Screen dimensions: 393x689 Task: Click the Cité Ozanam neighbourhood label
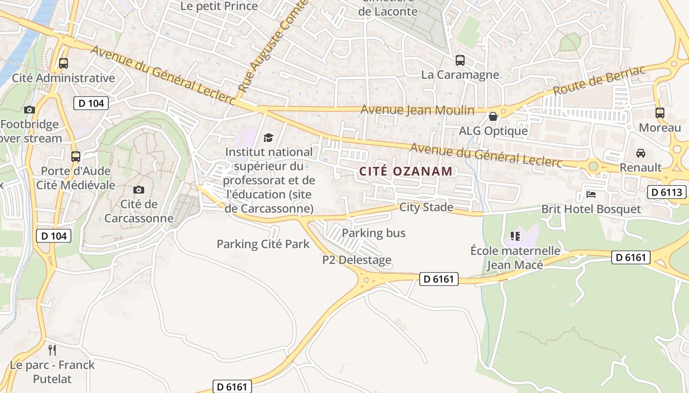pos(406,171)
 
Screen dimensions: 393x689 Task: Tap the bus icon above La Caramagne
pos(460,60)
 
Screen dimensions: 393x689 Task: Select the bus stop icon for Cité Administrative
pos(63,63)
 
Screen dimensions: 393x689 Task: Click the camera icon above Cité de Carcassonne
pos(139,190)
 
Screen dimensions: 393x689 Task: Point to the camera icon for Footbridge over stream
pos(30,110)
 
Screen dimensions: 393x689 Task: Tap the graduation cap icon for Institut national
pos(268,138)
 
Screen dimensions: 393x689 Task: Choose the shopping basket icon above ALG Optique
pos(493,116)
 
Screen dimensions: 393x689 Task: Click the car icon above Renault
pos(640,153)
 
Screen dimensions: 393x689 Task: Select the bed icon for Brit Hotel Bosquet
pos(591,194)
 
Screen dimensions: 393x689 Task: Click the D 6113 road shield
pos(667,192)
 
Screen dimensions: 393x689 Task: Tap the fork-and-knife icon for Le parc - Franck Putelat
pos(52,350)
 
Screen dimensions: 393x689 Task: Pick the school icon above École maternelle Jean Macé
pos(515,236)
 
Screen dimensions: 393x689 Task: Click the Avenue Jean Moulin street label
pos(417,110)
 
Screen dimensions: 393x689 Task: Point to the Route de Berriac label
pos(598,81)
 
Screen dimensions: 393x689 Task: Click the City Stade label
pos(426,207)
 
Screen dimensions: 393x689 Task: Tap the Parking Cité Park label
pos(263,244)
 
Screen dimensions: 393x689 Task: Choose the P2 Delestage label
pos(357,260)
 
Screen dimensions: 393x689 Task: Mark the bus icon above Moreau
pos(660,112)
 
